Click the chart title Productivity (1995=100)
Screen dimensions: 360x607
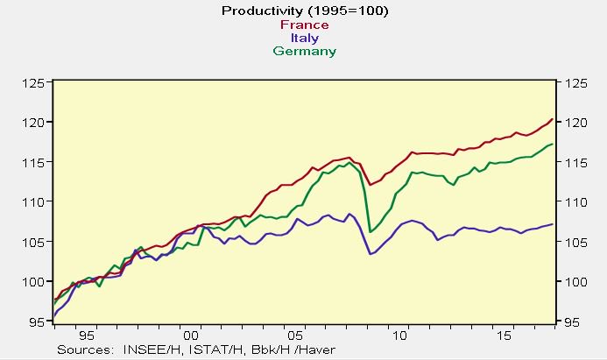point(304,11)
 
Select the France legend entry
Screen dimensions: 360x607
point(304,25)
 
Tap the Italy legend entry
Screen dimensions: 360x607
point(304,38)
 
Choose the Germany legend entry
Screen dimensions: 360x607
point(304,51)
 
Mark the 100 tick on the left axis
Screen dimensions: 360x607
point(34,281)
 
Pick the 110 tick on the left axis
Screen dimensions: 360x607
point(34,202)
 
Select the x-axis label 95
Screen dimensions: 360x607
point(86,335)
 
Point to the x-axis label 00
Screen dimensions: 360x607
point(191,335)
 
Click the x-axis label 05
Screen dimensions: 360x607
point(296,335)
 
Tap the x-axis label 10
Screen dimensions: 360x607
point(400,335)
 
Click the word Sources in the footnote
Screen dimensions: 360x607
point(86,349)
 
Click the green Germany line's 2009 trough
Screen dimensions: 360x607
point(371,231)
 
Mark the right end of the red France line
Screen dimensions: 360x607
point(551,119)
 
